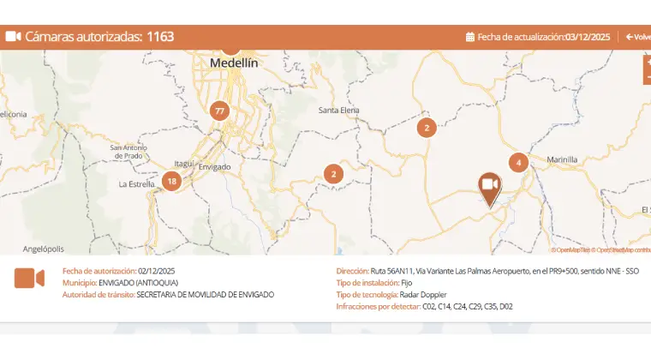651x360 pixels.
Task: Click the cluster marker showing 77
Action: (x=220, y=111)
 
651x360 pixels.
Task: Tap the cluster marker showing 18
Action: (x=171, y=181)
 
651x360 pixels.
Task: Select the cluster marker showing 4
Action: (x=517, y=162)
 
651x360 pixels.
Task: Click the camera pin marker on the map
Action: (x=490, y=186)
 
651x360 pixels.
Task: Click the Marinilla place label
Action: (x=562, y=159)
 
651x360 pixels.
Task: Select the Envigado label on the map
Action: (x=215, y=166)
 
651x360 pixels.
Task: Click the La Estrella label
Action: (x=135, y=184)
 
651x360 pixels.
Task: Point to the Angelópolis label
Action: (x=44, y=249)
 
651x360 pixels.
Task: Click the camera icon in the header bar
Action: (x=13, y=37)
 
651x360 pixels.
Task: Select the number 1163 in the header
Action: (x=160, y=37)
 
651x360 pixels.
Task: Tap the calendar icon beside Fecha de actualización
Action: (x=470, y=37)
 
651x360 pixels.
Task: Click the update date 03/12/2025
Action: (x=588, y=37)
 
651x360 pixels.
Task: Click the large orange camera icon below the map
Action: (x=29, y=279)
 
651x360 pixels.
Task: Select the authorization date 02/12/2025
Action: (x=157, y=271)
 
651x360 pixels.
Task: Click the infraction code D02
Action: (x=506, y=307)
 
